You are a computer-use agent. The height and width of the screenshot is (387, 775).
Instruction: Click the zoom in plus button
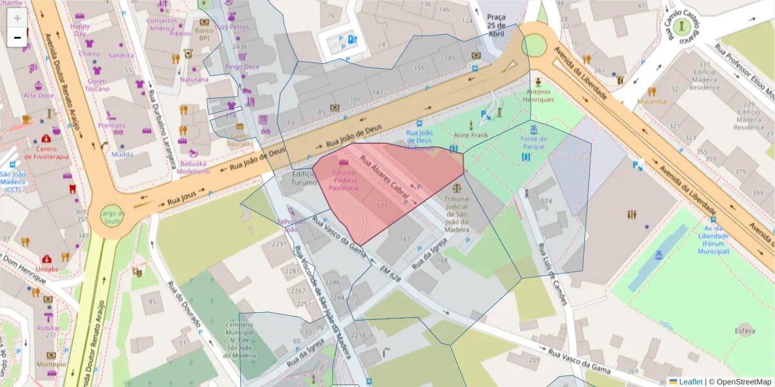click(17, 18)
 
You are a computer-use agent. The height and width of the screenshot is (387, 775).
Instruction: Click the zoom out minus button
click(17, 37)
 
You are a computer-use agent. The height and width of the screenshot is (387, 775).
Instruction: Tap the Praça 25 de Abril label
click(496, 25)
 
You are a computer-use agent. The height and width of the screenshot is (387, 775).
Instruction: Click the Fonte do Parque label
click(534, 143)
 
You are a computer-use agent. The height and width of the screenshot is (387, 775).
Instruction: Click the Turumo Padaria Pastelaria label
click(344, 180)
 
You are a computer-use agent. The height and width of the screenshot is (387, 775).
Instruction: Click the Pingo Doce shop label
click(242, 67)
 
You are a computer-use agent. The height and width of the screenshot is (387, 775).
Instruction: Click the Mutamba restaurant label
click(652, 101)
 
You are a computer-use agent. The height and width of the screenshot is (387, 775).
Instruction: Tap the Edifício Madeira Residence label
click(749, 115)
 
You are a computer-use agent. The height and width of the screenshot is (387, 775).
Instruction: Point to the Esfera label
click(744, 332)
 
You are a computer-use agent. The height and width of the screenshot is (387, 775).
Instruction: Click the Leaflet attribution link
click(690, 382)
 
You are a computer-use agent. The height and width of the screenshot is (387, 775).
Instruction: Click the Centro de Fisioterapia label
click(46, 150)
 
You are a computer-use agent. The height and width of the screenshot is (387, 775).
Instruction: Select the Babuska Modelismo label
click(194, 168)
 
